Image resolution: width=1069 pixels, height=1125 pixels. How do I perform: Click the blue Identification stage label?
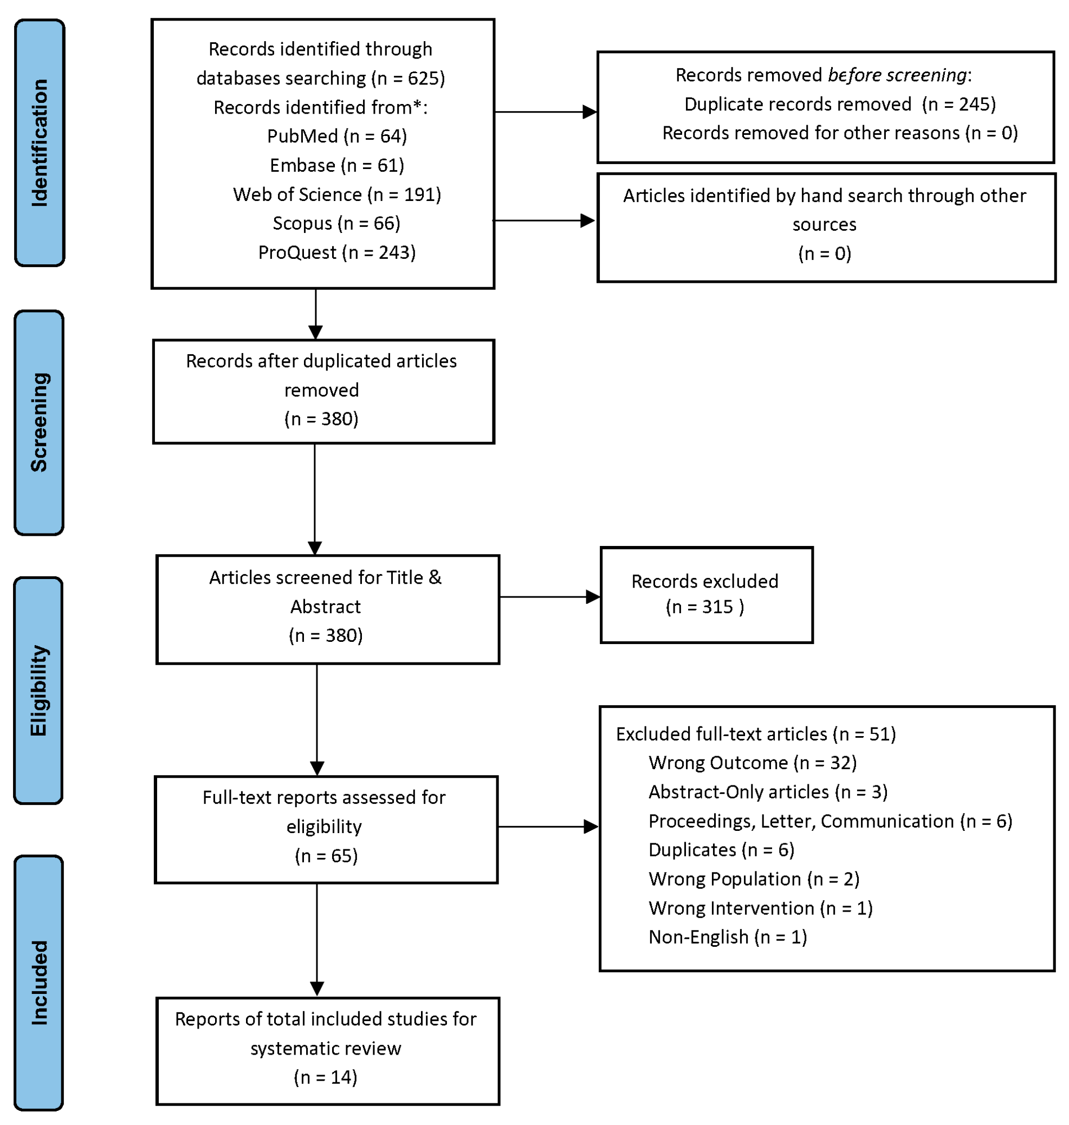click(40, 143)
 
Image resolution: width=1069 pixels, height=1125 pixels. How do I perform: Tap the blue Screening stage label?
click(39, 422)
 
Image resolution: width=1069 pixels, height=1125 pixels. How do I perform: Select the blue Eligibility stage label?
click(38, 691)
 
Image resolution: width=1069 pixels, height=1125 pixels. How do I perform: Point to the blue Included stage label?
click(39, 983)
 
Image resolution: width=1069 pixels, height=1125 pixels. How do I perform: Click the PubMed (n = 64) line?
click(337, 136)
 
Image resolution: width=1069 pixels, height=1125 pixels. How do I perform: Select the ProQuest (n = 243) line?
click(337, 252)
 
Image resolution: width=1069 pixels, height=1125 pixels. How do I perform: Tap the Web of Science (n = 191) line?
click(337, 194)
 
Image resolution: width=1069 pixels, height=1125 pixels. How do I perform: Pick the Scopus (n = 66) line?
click(337, 223)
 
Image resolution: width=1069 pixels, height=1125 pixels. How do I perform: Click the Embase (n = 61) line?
click(337, 165)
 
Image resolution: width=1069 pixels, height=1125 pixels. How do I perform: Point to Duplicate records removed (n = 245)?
click(840, 104)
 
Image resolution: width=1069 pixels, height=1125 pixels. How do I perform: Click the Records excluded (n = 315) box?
click(706, 595)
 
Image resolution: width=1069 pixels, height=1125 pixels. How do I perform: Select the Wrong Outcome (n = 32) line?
click(752, 763)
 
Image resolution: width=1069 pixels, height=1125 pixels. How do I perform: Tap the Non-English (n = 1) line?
click(728, 937)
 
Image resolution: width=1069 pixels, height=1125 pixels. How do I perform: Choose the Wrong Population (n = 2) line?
click(753, 879)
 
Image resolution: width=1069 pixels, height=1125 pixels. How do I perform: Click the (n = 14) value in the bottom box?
click(326, 1077)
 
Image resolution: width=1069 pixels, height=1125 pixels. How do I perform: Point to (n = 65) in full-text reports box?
click(326, 856)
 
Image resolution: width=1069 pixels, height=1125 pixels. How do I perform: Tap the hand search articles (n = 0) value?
click(825, 253)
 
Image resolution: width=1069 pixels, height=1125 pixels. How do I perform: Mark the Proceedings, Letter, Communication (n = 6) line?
click(830, 821)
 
